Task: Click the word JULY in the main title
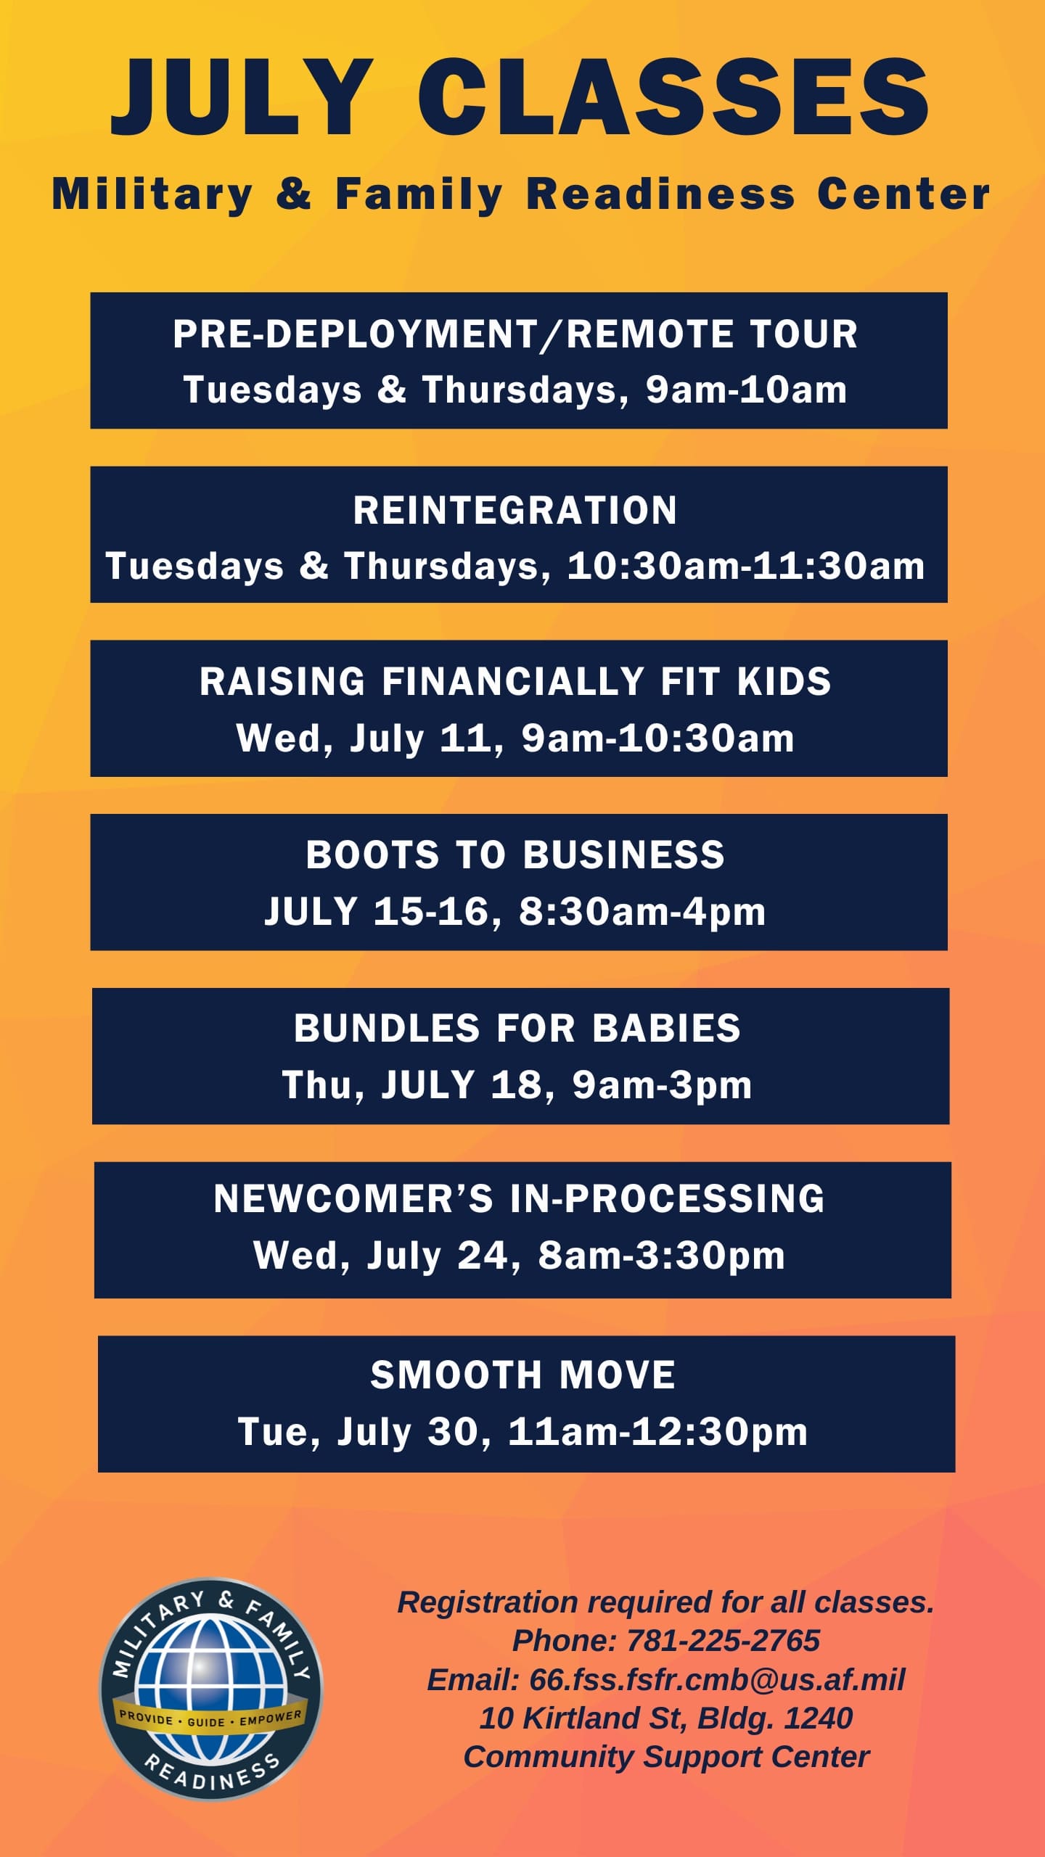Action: point(242,98)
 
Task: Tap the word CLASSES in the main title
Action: point(673,98)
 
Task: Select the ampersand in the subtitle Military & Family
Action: point(294,194)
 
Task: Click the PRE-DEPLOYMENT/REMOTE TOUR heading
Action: point(515,334)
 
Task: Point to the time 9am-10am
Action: point(747,390)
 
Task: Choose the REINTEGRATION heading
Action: point(515,510)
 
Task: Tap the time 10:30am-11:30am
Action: point(746,566)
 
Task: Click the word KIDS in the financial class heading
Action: point(784,682)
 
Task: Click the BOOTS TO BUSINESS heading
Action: point(515,855)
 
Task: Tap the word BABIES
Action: point(667,1029)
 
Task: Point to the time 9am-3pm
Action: point(662,1086)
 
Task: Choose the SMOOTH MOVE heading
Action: point(523,1375)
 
